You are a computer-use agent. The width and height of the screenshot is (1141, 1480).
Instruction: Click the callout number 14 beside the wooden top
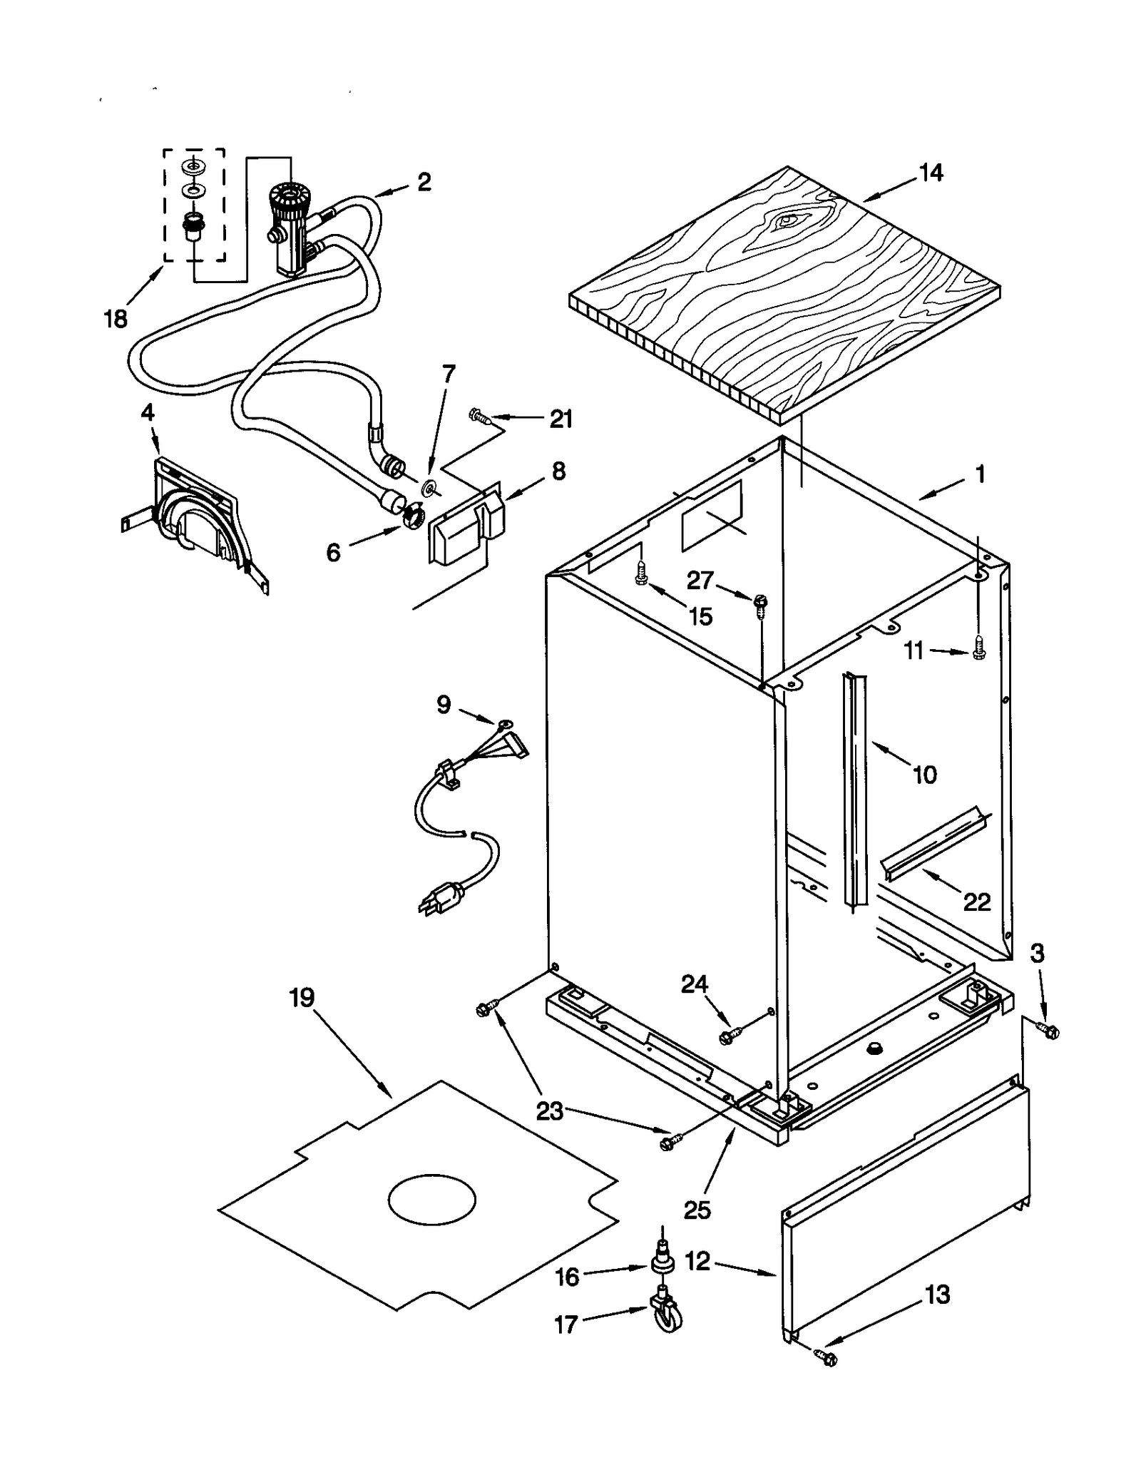(931, 173)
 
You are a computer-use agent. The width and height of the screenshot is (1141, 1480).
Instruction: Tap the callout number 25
(697, 1210)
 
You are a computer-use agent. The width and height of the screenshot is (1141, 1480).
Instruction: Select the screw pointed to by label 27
(760, 603)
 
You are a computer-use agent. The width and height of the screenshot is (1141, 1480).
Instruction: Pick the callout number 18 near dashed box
(116, 318)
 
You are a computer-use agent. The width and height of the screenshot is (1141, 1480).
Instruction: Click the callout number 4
(148, 412)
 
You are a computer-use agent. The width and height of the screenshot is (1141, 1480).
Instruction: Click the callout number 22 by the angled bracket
(976, 902)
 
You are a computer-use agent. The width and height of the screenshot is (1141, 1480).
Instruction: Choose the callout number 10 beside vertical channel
(924, 775)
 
